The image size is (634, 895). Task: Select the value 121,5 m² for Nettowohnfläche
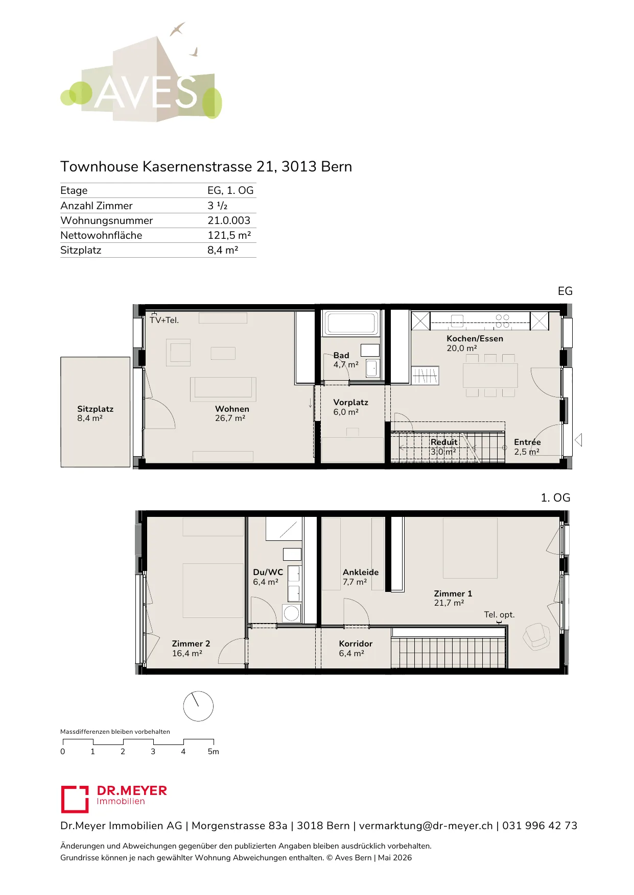click(x=229, y=235)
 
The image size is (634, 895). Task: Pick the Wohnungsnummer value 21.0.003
click(x=229, y=220)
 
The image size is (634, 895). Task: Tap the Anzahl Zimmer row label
click(x=97, y=206)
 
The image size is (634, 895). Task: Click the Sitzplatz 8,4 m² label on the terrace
click(x=95, y=413)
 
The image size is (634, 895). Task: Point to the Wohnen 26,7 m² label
click(x=232, y=413)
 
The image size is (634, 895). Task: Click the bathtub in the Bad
click(x=351, y=323)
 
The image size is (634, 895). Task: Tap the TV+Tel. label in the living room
click(x=164, y=320)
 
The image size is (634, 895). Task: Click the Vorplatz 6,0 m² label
click(x=350, y=407)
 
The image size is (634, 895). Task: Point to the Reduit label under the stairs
click(x=444, y=442)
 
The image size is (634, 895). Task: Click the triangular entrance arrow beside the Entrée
click(x=578, y=440)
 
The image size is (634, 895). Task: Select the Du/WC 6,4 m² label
click(x=268, y=577)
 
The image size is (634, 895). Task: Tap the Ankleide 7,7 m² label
click(x=361, y=577)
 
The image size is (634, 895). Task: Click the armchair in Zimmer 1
click(x=535, y=636)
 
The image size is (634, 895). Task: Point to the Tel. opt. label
click(x=499, y=615)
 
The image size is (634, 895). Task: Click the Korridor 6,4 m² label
click(x=356, y=649)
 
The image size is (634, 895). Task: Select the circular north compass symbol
click(x=198, y=706)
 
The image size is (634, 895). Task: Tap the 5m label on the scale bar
click(x=213, y=752)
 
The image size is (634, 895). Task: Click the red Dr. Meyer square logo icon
click(x=75, y=799)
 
